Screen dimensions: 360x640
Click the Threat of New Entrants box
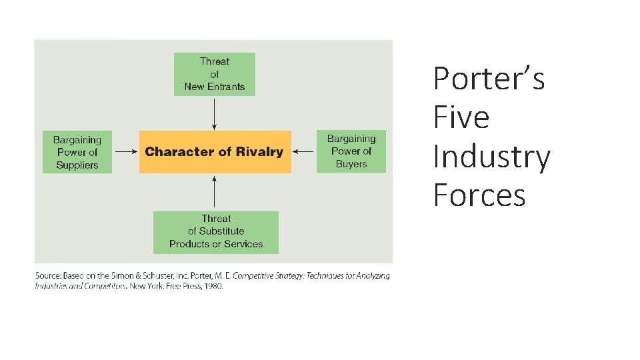(x=214, y=74)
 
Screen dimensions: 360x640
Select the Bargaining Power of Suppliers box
(x=77, y=152)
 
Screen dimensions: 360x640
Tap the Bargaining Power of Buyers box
(x=351, y=151)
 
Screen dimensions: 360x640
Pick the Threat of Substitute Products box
(x=215, y=231)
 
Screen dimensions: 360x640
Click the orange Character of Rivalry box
(x=215, y=152)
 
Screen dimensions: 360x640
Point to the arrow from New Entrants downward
(x=214, y=113)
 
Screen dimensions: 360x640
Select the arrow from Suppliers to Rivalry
(x=125, y=152)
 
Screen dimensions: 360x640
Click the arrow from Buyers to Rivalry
(x=304, y=152)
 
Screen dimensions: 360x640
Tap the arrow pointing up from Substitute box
(x=214, y=192)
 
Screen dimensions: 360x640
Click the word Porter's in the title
(x=489, y=79)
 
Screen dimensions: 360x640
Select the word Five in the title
(x=461, y=117)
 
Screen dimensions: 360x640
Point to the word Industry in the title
(x=491, y=157)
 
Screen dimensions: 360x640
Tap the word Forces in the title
(x=479, y=195)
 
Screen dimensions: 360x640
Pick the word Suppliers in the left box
(x=77, y=165)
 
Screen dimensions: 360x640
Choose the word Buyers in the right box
(x=351, y=164)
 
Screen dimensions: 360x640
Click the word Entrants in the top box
(x=226, y=87)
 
